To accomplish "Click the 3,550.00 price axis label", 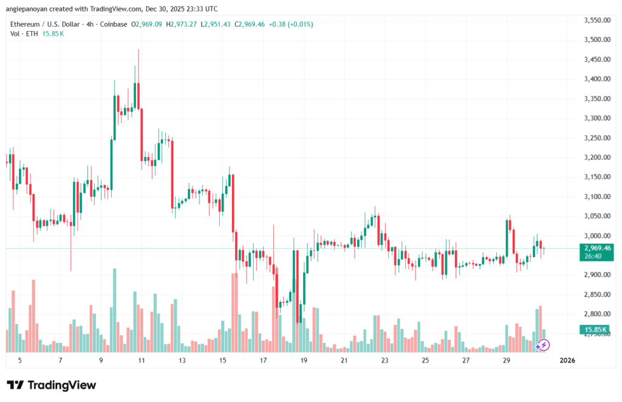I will click(596, 20).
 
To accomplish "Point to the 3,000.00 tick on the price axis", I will click(596, 236).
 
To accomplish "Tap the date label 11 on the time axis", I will click(141, 361).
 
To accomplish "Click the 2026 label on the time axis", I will click(566, 361).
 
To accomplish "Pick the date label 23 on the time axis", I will click(384, 361).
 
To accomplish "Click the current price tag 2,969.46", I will click(596, 248).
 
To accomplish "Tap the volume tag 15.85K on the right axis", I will click(596, 330).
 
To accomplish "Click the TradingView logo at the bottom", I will click(52, 385).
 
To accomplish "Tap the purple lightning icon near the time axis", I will click(544, 345).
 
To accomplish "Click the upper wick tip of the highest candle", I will click(138, 50).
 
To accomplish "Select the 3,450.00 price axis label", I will click(596, 60).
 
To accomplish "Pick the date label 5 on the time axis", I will click(20, 361).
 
